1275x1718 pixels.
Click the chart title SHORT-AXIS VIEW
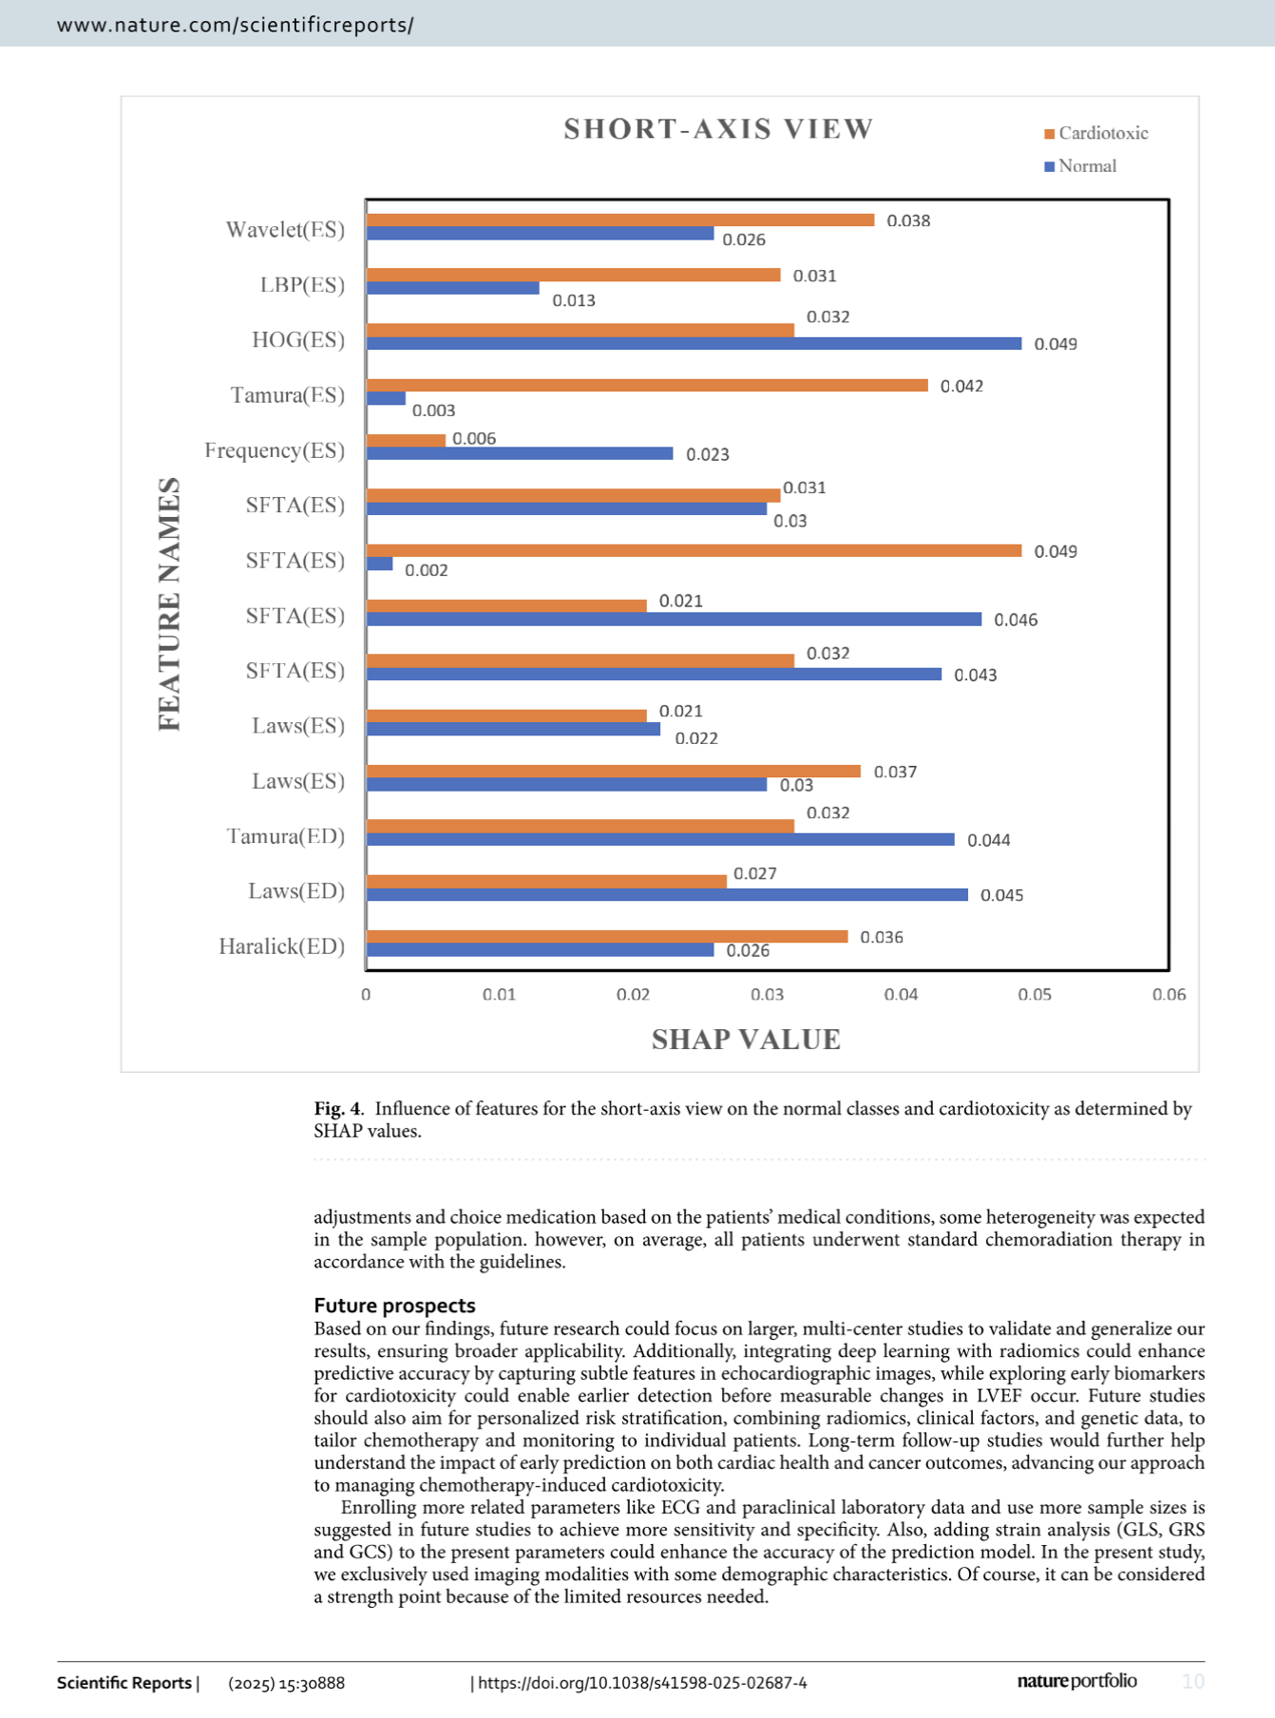(x=718, y=129)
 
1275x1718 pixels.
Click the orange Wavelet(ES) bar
(x=619, y=220)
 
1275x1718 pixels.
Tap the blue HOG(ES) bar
(x=694, y=344)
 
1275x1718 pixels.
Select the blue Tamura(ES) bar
(x=386, y=399)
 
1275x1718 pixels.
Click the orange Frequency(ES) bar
(x=406, y=440)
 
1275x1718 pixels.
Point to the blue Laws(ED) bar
(x=667, y=895)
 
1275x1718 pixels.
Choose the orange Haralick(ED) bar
(x=606, y=937)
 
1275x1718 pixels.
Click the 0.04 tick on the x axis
(x=901, y=995)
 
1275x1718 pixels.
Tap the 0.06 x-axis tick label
(x=1169, y=995)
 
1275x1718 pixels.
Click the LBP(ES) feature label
(x=302, y=285)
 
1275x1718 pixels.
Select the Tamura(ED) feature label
(x=285, y=836)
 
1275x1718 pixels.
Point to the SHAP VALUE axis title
(x=746, y=1040)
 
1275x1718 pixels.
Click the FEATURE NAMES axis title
(x=169, y=604)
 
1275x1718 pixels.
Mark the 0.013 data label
(x=574, y=301)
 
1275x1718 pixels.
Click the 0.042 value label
(x=961, y=386)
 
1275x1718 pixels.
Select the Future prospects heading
(x=394, y=1306)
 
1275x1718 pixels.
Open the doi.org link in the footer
(x=642, y=1683)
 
